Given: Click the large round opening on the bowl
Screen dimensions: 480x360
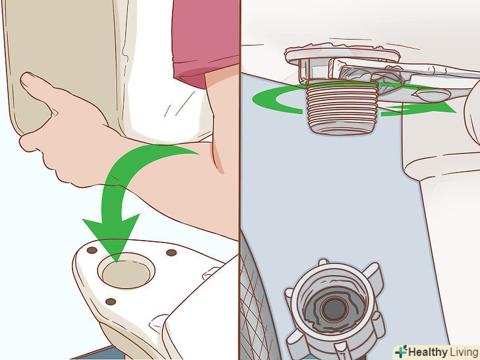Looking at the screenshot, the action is (126, 270).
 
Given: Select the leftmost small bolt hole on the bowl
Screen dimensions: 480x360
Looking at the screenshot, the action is (92, 250).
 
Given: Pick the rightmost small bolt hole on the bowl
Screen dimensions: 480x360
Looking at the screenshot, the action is (171, 253).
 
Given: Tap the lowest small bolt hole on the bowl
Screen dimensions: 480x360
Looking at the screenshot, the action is (111, 301).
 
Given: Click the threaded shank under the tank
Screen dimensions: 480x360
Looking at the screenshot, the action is (342, 107).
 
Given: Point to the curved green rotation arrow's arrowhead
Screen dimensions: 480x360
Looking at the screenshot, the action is (441, 107).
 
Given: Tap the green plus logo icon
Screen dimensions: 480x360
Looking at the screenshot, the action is (401, 351).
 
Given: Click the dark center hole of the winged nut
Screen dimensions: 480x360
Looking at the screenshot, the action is (334, 309).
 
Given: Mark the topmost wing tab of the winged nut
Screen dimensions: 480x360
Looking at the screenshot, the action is (324, 262).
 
